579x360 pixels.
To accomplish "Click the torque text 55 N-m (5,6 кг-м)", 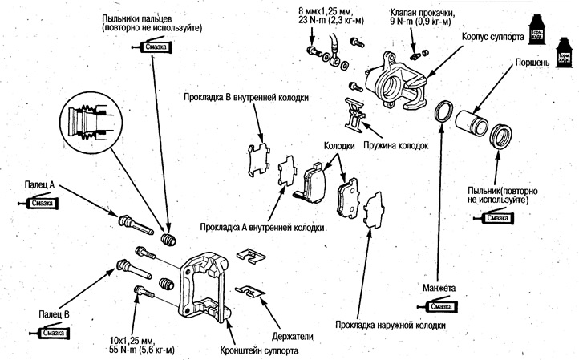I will click(143, 350).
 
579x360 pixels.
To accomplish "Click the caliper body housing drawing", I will click(394, 80).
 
